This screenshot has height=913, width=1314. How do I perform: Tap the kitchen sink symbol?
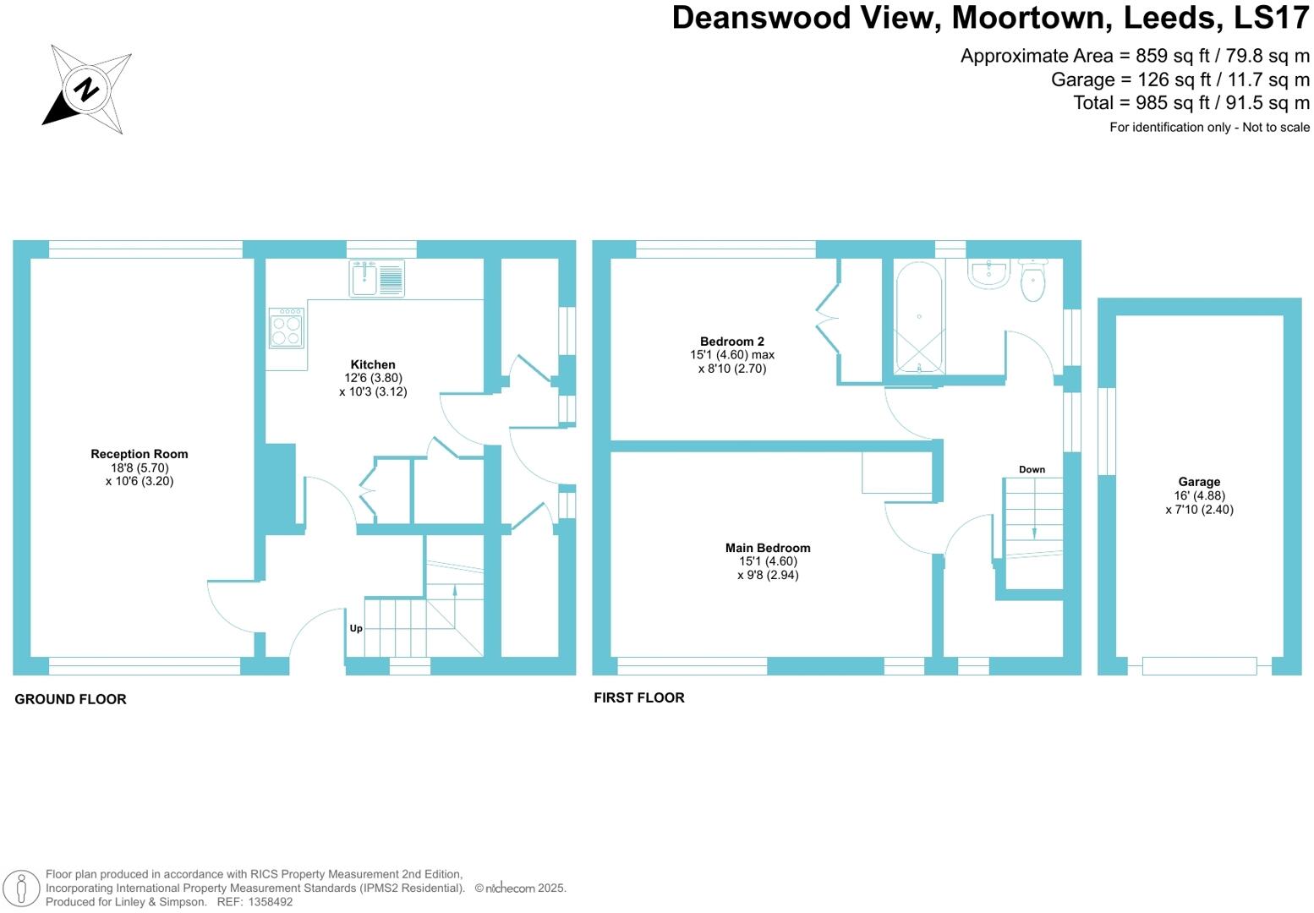point(377,278)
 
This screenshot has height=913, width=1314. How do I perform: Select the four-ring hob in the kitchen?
point(287,328)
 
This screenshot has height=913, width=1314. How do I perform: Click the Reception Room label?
point(140,454)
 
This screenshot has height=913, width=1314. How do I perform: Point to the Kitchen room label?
point(373,364)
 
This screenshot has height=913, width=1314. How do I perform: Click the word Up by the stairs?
point(356,628)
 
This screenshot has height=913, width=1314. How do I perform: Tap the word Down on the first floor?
point(1032,469)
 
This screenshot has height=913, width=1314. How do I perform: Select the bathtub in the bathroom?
point(919,316)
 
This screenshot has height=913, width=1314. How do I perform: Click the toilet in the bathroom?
point(1032,281)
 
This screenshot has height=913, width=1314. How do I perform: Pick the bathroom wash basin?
point(988,272)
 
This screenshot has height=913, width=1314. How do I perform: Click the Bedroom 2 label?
point(732,342)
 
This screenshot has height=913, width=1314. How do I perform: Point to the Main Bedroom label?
point(768,548)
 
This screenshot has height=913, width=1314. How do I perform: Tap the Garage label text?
point(1199,482)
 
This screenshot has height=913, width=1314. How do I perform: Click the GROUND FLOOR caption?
point(70,699)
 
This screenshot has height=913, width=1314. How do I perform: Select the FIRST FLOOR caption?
point(639,697)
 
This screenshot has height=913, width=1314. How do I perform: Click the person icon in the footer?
point(22,888)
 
